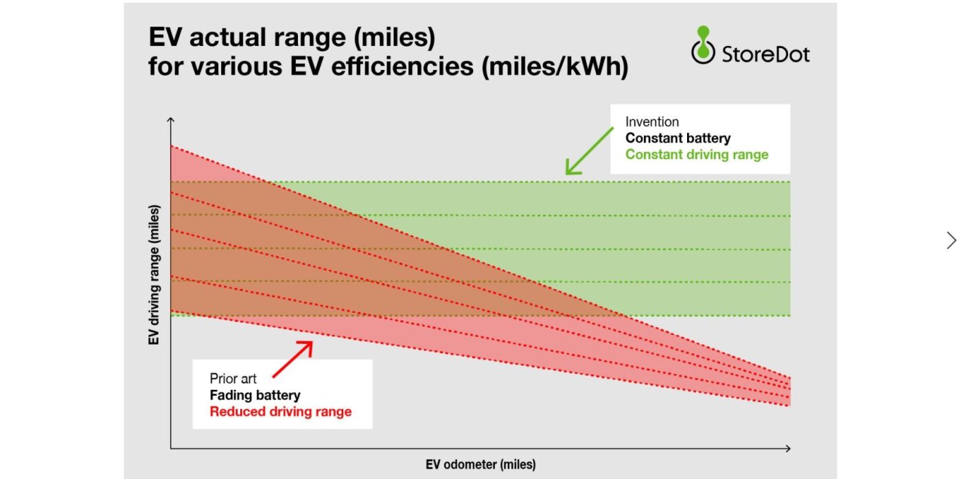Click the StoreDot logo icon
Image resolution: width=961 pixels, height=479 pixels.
click(702, 46)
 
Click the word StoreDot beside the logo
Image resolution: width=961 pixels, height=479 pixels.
click(765, 54)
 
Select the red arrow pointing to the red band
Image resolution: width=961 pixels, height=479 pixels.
click(292, 359)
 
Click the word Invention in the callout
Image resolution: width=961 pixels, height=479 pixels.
click(651, 122)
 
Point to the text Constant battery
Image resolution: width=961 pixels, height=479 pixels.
click(678, 138)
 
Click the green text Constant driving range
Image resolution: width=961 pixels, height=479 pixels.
click(696, 154)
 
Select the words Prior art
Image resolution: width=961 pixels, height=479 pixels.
click(233, 379)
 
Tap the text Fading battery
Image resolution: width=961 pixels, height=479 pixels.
click(255, 395)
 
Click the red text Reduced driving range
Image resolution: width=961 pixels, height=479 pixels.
click(280, 412)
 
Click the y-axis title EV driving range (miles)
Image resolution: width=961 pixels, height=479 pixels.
click(154, 274)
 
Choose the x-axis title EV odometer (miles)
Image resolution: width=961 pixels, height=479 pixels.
click(480, 465)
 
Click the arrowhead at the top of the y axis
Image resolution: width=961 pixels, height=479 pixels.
click(171, 121)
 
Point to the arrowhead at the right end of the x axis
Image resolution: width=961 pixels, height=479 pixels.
click(788, 449)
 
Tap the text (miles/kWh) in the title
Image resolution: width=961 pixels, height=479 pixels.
click(556, 67)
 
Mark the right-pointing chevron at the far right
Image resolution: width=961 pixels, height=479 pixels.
click(951, 240)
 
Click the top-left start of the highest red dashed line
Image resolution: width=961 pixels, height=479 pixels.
click(172, 146)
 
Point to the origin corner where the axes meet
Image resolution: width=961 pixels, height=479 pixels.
click(171, 449)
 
